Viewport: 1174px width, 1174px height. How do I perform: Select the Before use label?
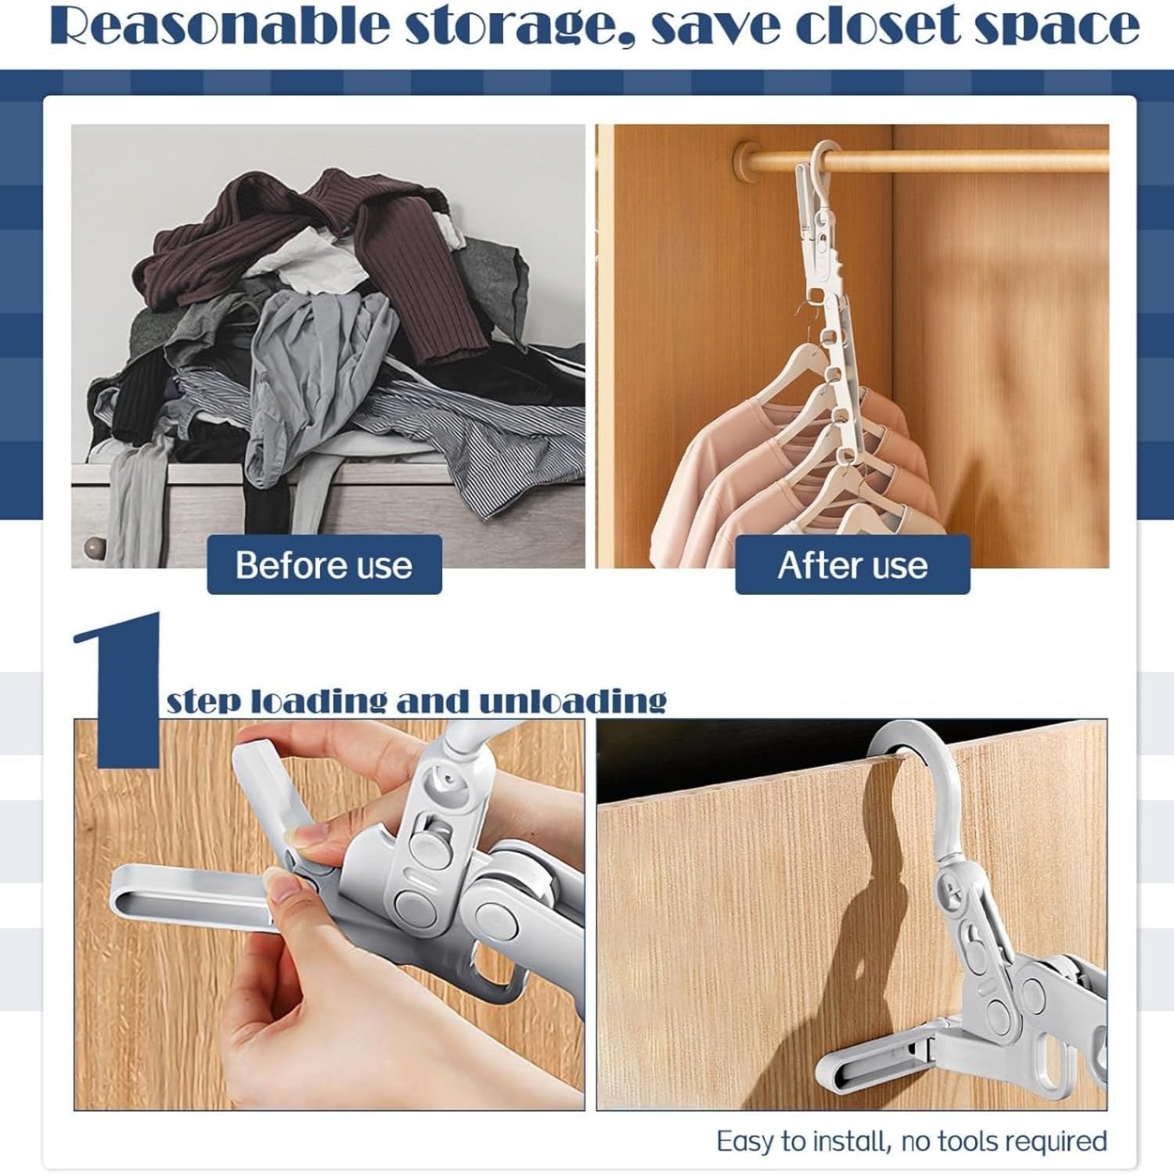(x=324, y=564)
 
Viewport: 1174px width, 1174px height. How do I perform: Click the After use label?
(x=852, y=564)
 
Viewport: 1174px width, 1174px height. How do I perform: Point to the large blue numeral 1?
(x=117, y=689)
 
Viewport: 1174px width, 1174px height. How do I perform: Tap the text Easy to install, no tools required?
(x=912, y=1140)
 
